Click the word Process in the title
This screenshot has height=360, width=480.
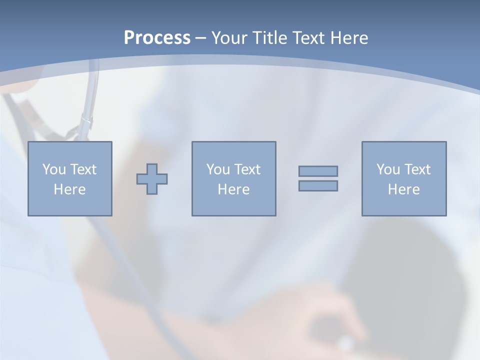point(157,38)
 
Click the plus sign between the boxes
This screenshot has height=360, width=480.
point(152,179)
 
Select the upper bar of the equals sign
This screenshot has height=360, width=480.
point(318,171)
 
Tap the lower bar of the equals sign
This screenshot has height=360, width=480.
point(318,186)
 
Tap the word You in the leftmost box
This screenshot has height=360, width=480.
point(53,169)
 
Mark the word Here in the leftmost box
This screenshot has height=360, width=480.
point(70,189)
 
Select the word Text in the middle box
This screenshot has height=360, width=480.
point(247,169)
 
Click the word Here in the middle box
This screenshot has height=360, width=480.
point(234,189)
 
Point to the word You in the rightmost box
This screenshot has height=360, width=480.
point(388,169)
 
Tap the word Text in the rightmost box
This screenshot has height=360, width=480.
point(417,169)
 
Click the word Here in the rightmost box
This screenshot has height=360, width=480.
point(404,189)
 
